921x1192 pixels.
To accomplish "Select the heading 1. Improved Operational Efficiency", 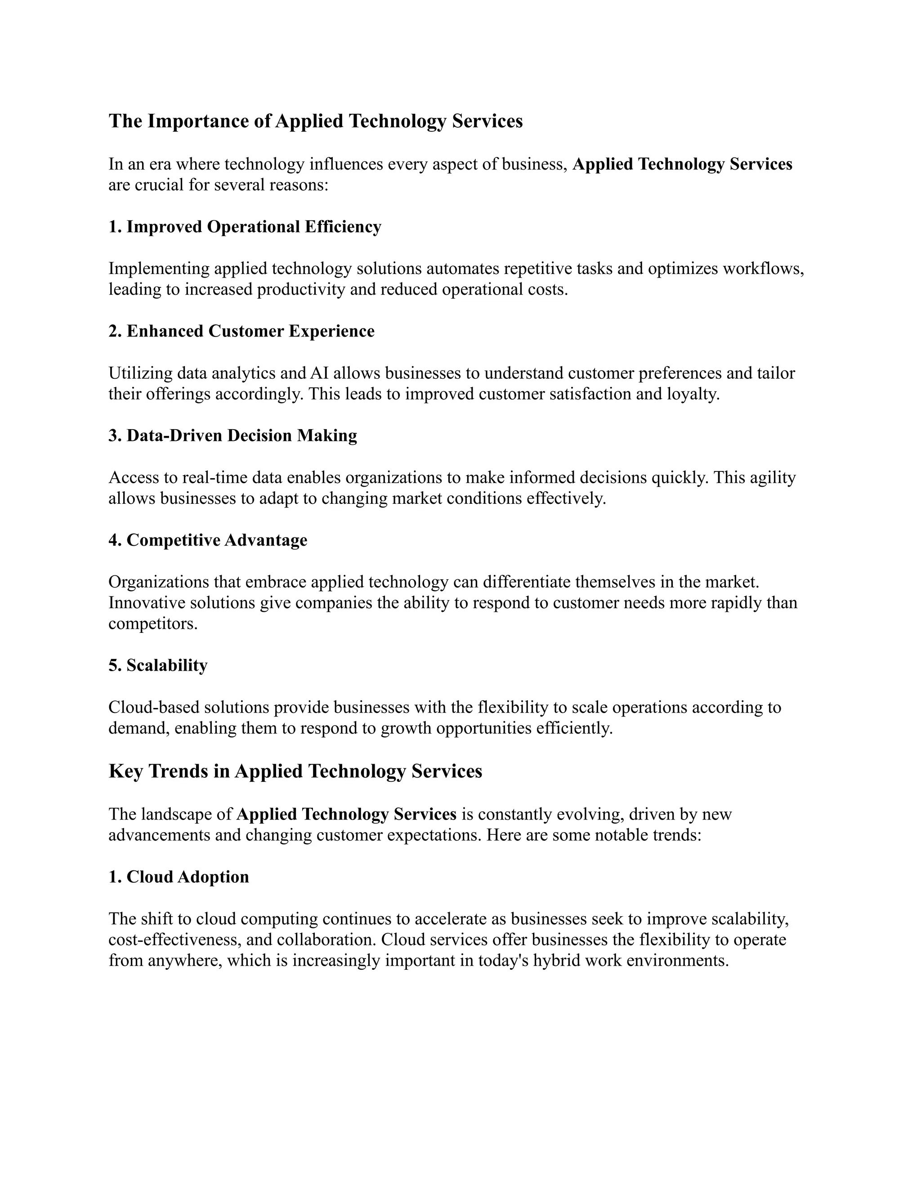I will coord(245,227).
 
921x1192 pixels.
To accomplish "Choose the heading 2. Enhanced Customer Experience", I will coord(241,332).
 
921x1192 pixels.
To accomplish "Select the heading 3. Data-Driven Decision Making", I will coord(232,435).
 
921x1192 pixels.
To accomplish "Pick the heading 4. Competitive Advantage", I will coord(207,540).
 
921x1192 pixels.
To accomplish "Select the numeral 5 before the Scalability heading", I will coord(113,665).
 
